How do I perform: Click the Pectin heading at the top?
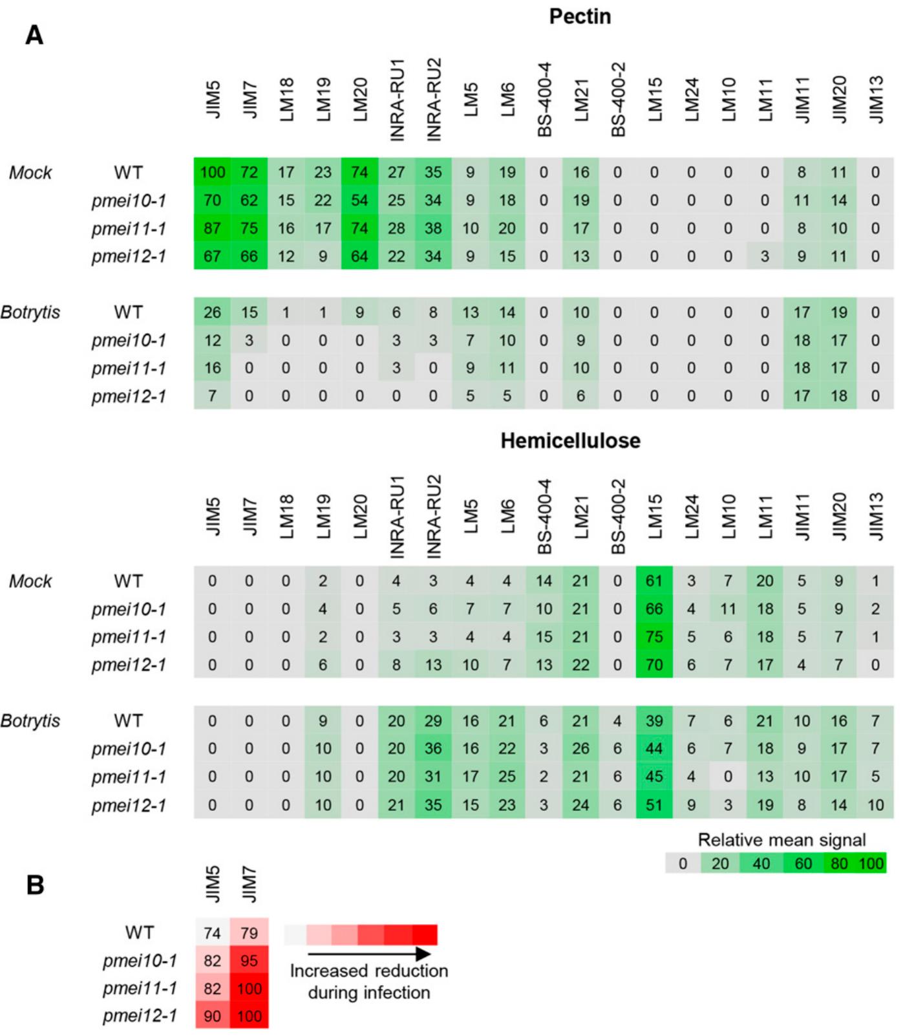(x=580, y=16)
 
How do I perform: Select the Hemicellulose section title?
(x=570, y=440)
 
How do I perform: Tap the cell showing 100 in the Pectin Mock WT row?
(x=212, y=172)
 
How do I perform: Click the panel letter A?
(x=34, y=34)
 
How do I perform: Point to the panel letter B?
(x=35, y=884)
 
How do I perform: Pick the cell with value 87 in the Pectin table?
(x=212, y=228)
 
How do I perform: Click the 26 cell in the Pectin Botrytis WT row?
(x=212, y=312)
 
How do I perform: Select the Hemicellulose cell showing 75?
(x=654, y=637)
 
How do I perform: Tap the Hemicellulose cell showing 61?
(x=654, y=581)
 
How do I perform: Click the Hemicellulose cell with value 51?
(x=654, y=805)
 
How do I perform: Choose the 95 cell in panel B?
(x=249, y=961)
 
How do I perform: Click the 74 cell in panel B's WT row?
(x=212, y=933)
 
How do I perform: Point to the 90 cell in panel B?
(x=212, y=1016)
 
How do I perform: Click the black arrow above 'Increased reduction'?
(x=369, y=954)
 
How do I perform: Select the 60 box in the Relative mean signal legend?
(x=803, y=863)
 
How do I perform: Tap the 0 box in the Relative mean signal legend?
(x=683, y=863)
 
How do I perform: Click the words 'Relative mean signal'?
(x=781, y=840)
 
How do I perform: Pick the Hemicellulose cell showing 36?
(x=433, y=749)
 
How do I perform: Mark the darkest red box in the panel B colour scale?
(x=425, y=934)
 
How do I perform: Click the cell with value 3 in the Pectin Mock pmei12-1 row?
(x=765, y=256)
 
